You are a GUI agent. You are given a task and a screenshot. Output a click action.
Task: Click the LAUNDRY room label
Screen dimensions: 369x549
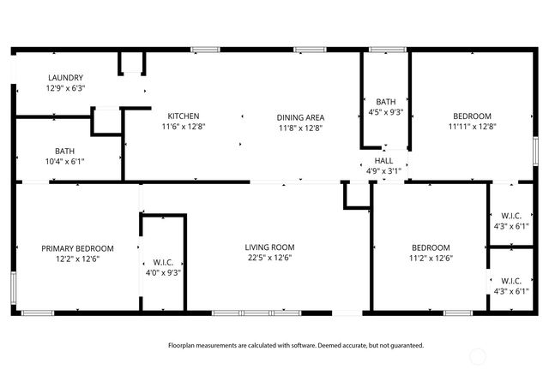pyautogui.click(x=64, y=78)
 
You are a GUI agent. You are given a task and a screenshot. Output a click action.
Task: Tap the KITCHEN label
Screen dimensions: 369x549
pyautogui.click(x=184, y=116)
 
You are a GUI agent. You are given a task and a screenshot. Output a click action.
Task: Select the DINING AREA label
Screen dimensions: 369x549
pyautogui.click(x=300, y=116)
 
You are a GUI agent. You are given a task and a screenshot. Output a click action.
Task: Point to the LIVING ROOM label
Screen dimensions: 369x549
pyautogui.click(x=269, y=247)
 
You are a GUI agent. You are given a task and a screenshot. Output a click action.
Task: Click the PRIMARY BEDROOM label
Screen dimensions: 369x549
pyautogui.click(x=77, y=248)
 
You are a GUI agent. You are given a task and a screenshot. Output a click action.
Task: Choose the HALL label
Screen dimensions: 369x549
pyautogui.click(x=383, y=160)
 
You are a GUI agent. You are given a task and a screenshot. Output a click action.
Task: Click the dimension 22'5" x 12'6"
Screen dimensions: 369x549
pyautogui.click(x=269, y=258)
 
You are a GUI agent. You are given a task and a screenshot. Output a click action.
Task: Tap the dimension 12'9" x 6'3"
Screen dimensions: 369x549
pyautogui.click(x=64, y=88)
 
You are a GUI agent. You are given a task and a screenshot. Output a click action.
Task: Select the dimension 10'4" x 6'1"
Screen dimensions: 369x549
pyautogui.click(x=64, y=160)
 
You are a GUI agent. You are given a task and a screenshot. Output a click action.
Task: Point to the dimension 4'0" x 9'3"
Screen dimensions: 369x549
pyautogui.click(x=163, y=272)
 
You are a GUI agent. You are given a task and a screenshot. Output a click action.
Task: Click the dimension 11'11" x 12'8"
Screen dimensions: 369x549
pyautogui.click(x=472, y=126)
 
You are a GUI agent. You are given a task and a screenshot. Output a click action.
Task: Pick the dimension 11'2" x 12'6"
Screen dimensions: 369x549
pyautogui.click(x=430, y=258)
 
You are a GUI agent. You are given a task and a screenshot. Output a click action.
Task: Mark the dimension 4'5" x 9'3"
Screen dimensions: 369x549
pyautogui.click(x=385, y=111)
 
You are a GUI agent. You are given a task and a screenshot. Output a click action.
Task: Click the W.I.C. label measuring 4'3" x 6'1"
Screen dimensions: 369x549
pyautogui.click(x=510, y=280)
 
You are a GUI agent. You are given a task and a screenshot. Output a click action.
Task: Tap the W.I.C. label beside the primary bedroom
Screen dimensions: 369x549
pyautogui.click(x=163, y=262)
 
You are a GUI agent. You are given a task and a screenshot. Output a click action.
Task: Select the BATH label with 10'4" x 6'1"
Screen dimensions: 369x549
pyautogui.click(x=64, y=150)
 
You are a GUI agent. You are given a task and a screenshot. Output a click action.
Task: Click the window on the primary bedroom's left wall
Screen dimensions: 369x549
pyautogui.click(x=13, y=283)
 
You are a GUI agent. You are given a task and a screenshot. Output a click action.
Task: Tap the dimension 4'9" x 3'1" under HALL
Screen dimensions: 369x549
pyautogui.click(x=383, y=170)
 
